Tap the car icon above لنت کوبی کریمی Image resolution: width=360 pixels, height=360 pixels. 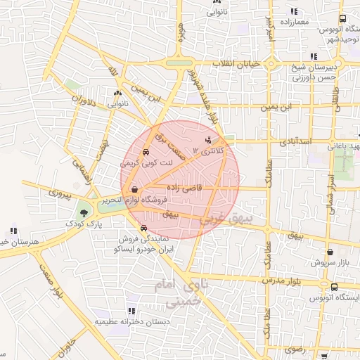(146, 152)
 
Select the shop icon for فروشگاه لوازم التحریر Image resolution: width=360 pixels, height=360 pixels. (134, 189)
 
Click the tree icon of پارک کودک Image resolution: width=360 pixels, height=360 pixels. (84, 212)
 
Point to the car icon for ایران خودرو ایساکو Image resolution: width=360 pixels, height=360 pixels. (143, 228)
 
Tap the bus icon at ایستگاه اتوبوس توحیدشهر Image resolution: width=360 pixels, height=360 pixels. (342, 19)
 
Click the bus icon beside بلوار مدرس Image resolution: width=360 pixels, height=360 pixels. (334, 287)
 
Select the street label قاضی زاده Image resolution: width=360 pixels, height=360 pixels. (184, 188)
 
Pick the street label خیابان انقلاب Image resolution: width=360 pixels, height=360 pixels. (232, 63)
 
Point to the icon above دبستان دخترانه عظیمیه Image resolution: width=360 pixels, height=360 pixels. (131, 309)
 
